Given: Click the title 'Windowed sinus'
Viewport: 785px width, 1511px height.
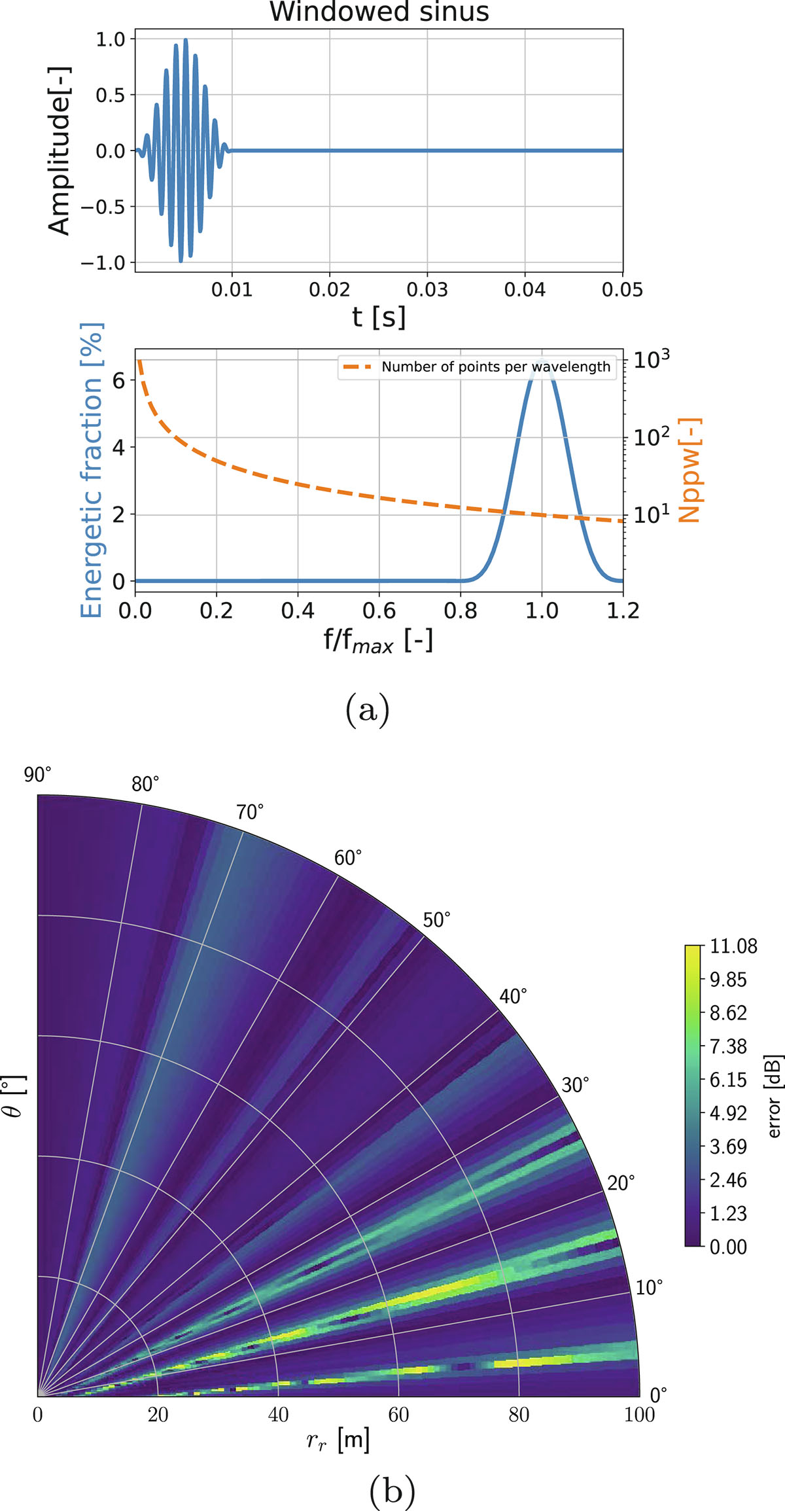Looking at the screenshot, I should tap(379, 12).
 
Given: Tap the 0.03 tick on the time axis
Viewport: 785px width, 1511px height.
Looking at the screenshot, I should tap(427, 289).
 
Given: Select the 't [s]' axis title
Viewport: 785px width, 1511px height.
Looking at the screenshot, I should tap(379, 317).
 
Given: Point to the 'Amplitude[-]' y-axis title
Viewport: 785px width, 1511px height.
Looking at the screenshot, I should tap(60, 151).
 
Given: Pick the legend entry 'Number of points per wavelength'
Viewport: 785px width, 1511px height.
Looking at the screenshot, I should tap(496, 367).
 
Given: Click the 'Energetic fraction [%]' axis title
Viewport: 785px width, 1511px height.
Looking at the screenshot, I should tap(92, 470).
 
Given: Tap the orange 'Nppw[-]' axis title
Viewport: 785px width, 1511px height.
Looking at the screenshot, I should tap(689, 470).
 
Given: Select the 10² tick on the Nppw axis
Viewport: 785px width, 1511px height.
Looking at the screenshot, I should tap(651, 436).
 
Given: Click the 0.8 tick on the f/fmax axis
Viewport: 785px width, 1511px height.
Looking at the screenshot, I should tap(461, 611).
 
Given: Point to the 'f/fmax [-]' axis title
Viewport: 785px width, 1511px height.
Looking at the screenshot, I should tap(378, 640).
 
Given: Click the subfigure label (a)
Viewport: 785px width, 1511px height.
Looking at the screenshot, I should tap(368, 709).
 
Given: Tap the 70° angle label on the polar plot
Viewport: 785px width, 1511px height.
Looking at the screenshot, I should tap(250, 812).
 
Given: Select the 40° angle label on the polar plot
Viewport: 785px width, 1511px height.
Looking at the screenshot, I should tap(513, 997).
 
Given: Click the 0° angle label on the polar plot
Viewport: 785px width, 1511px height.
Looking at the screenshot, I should tap(658, 1395).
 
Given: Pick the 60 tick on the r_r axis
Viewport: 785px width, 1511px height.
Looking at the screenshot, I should tap(398, 1415).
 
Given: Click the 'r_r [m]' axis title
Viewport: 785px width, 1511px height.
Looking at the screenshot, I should tap(338, 1440).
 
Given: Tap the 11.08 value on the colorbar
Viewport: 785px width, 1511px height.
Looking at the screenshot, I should tap(733, 946).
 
